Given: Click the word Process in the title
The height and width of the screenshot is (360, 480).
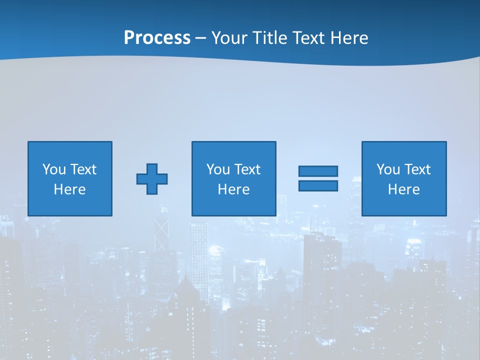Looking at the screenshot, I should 157,38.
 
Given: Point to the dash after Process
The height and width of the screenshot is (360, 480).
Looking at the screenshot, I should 201,38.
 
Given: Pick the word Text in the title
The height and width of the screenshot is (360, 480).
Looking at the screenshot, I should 308,38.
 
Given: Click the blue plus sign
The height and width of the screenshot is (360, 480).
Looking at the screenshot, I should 152,178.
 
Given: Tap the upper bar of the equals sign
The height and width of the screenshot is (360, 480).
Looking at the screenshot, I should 318,171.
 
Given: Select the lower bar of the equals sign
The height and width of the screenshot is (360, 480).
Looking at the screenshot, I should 318,186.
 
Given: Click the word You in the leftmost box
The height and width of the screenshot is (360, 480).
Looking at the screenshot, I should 54,169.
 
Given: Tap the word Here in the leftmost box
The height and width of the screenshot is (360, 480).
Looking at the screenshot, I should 69,189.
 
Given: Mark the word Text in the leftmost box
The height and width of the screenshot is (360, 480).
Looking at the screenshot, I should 83,169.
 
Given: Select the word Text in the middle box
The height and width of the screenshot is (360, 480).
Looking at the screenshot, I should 247,169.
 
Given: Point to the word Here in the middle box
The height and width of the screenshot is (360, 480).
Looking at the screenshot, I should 233,189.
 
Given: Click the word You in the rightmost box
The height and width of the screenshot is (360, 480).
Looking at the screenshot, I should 388,169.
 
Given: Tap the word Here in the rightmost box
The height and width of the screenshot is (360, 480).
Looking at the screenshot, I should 403,189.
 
